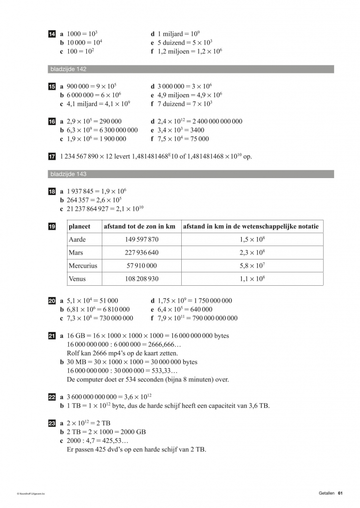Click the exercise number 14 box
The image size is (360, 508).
click(52, 34)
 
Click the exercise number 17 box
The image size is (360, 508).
click(52, 157)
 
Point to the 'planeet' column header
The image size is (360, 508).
click(79, 227)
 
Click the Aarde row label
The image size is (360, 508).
click(77, 240)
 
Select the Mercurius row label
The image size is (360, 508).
click(82, 266)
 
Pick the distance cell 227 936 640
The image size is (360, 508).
click(142, 253)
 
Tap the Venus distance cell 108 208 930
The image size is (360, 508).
click(142, 279)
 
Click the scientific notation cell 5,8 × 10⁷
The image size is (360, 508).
click(252, 266)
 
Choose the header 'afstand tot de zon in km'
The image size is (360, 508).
click(140, 227)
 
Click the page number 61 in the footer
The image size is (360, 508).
click(341, 493)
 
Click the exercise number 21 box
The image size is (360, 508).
click(52, 336)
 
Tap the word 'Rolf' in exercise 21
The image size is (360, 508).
click(73, 353)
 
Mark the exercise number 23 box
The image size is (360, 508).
click(52, 423)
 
